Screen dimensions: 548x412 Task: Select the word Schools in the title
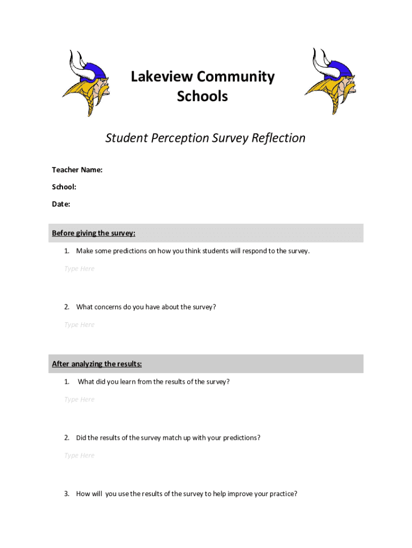[x=202, y=96]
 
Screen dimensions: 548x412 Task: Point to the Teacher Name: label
[x=77, y=170]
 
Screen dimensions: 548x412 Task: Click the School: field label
[x=64, y=187]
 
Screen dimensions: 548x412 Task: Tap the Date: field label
[x=61, y=204]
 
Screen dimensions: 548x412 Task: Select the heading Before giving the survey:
[x=94, y=233]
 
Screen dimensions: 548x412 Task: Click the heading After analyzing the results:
[x=97, y=364]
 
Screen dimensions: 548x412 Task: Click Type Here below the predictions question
[x=79, y=269]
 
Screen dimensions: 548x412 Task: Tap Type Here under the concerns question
[x=79, y=325]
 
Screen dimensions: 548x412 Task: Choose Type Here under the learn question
[x=79, y=399]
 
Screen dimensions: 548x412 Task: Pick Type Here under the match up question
[x=79, y=455]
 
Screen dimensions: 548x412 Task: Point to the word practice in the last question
[x=283, y=494]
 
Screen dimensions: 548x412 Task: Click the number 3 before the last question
[x=66, y=494]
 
